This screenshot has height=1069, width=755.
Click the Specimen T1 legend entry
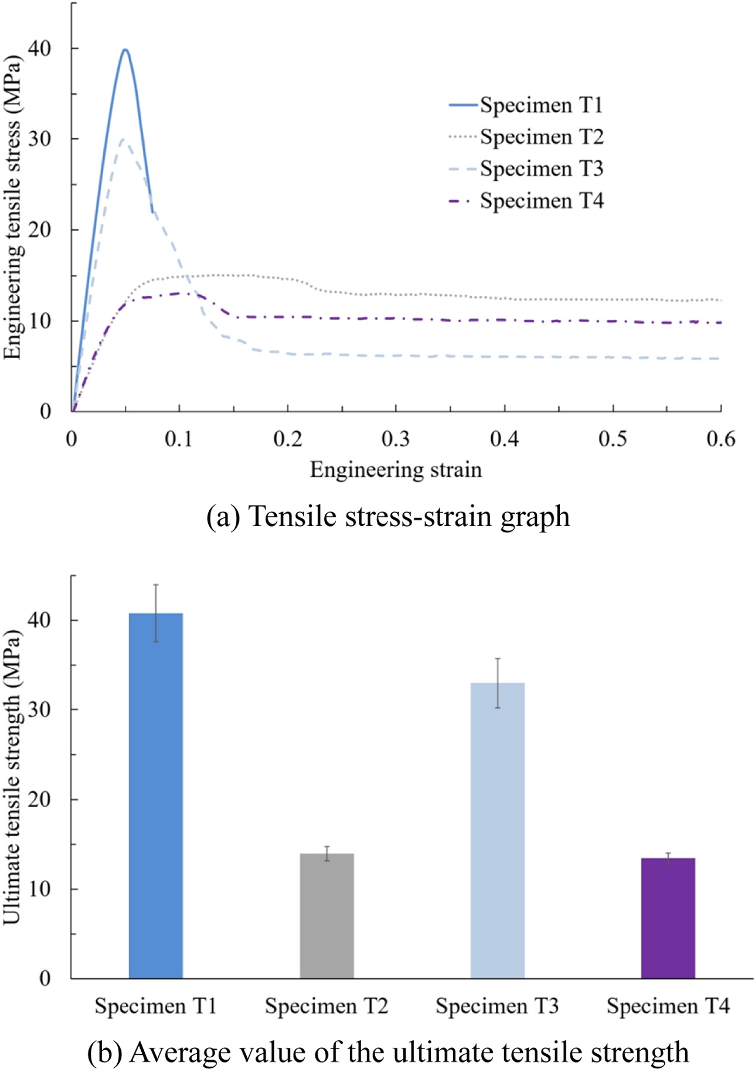526,105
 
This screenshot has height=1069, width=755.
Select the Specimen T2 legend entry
526,137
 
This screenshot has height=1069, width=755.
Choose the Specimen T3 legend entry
526,169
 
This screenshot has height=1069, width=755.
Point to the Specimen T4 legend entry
526,201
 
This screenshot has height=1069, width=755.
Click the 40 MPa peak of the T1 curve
125,50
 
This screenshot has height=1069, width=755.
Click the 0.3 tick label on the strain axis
396,439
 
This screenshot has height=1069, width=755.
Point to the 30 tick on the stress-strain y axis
40,139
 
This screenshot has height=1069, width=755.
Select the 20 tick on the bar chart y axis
40,799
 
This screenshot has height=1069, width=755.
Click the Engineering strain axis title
396,470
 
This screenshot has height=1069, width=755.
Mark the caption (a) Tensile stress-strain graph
388,517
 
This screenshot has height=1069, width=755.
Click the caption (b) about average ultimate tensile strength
388,1052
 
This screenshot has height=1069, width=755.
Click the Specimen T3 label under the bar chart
497,1006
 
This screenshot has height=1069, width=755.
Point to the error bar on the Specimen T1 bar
156,613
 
